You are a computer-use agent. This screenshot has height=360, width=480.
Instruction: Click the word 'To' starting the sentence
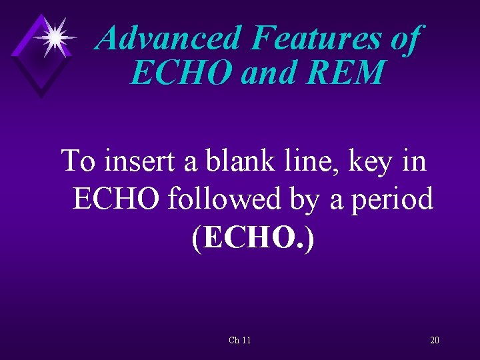(77, 161)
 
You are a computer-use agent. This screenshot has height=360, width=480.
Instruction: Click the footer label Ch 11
(239, 341)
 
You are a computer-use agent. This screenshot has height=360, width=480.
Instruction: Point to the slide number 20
(434, 341)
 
